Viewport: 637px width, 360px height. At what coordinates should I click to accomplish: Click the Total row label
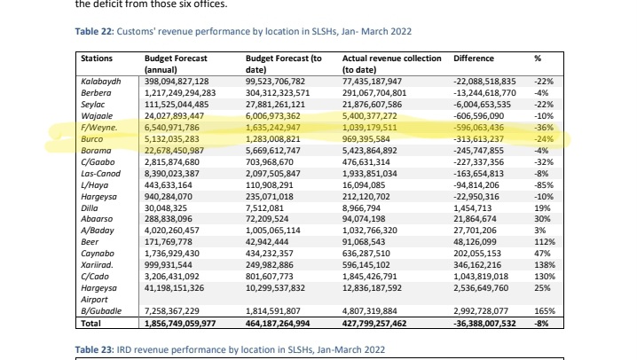click(x=92, y=325)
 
